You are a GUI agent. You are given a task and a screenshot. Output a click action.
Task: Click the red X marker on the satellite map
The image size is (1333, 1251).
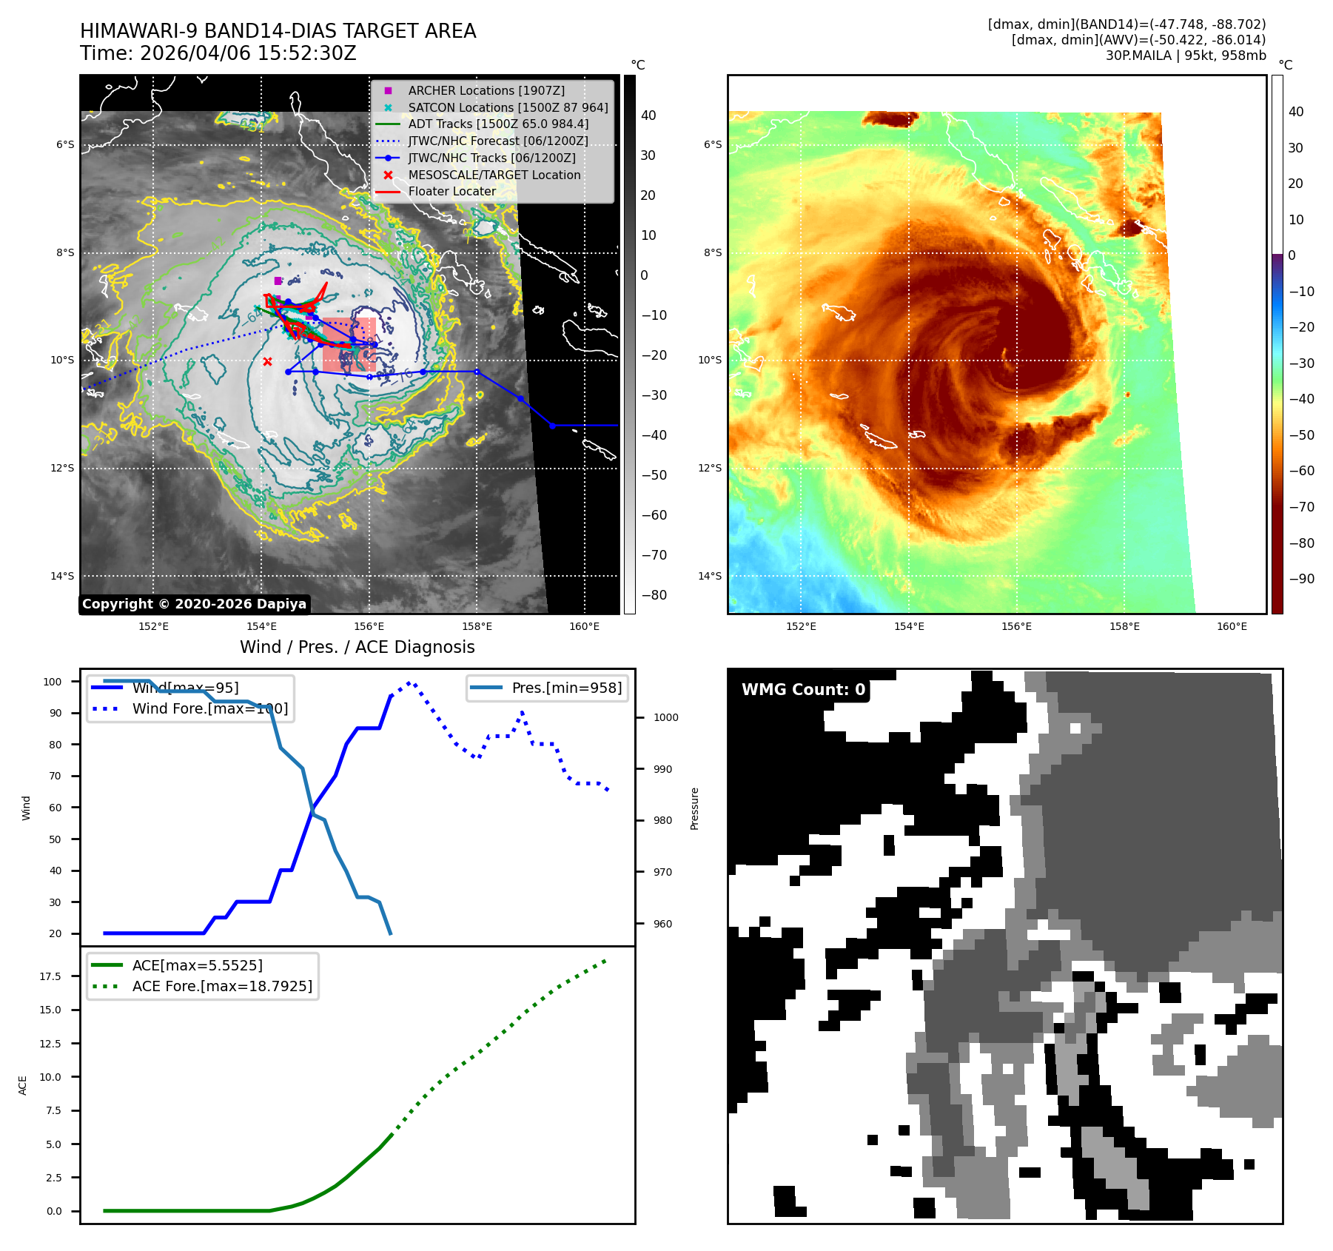(267, 361)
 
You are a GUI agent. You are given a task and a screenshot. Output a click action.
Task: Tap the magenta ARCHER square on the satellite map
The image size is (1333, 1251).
(278, 281)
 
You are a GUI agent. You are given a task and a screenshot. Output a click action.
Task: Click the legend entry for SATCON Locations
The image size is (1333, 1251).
(507, 107)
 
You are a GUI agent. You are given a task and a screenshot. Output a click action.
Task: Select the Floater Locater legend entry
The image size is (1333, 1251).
(451, 191)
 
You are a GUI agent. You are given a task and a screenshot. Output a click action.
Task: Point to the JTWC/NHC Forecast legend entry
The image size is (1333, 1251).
(497, 141)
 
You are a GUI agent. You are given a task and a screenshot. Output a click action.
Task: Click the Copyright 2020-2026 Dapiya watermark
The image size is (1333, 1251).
(194, 604)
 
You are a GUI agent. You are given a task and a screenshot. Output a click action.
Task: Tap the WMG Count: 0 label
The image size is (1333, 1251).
(803, 690)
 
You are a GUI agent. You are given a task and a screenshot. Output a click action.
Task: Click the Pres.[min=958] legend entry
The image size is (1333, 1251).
(566, 688)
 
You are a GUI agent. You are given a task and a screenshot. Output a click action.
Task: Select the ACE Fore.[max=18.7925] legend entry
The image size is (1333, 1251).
(222, 986)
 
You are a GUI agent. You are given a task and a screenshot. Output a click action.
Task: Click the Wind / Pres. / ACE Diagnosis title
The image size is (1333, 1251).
(357, 647)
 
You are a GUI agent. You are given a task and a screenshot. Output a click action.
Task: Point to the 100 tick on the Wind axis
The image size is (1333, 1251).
(53, 682)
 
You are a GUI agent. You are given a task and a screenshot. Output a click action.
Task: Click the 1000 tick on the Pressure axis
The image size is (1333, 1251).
(665, 717)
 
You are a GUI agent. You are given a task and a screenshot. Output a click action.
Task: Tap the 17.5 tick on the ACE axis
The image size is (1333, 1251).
(50, 976)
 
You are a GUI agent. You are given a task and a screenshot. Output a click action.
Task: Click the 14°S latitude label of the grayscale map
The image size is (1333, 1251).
(62, 576)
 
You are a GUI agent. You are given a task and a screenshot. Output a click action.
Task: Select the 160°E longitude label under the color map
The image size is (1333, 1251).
(1232, 626)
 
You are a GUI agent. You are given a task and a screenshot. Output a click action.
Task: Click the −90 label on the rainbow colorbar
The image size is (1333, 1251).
(1301, 579)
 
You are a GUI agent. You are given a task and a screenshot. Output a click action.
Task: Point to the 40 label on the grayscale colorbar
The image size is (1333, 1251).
(648, 115)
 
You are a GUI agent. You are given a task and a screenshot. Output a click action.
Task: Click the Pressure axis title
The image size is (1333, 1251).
(694, 808)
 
